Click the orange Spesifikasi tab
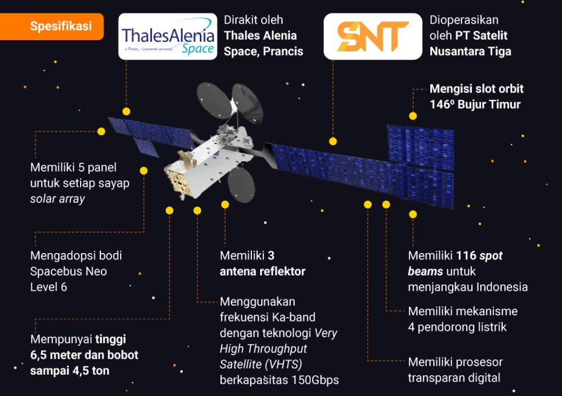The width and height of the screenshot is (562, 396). pos(60,26)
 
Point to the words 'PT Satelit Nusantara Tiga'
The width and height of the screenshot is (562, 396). pos(470,43)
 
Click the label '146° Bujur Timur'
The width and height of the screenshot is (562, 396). pos(475,104)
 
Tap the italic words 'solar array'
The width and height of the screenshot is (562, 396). pos(58,199)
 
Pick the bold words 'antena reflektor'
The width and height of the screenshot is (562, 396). pos(262,271)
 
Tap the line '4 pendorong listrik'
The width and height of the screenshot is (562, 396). pos(457,327)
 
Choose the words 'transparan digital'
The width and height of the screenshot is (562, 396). pos(454,378)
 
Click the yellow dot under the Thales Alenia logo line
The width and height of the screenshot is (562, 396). pos(126,111)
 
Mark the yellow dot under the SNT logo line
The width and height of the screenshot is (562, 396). pos(333,141)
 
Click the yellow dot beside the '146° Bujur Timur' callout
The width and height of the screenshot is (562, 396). pos(413,116)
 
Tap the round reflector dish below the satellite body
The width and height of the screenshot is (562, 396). pos(241,185)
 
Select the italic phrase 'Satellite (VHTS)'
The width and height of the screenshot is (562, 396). pos(261,364)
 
